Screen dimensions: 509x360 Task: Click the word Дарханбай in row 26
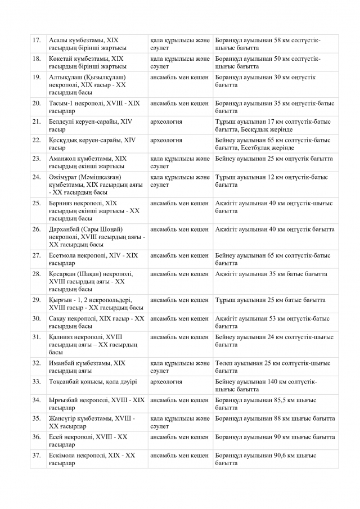(65, 229)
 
